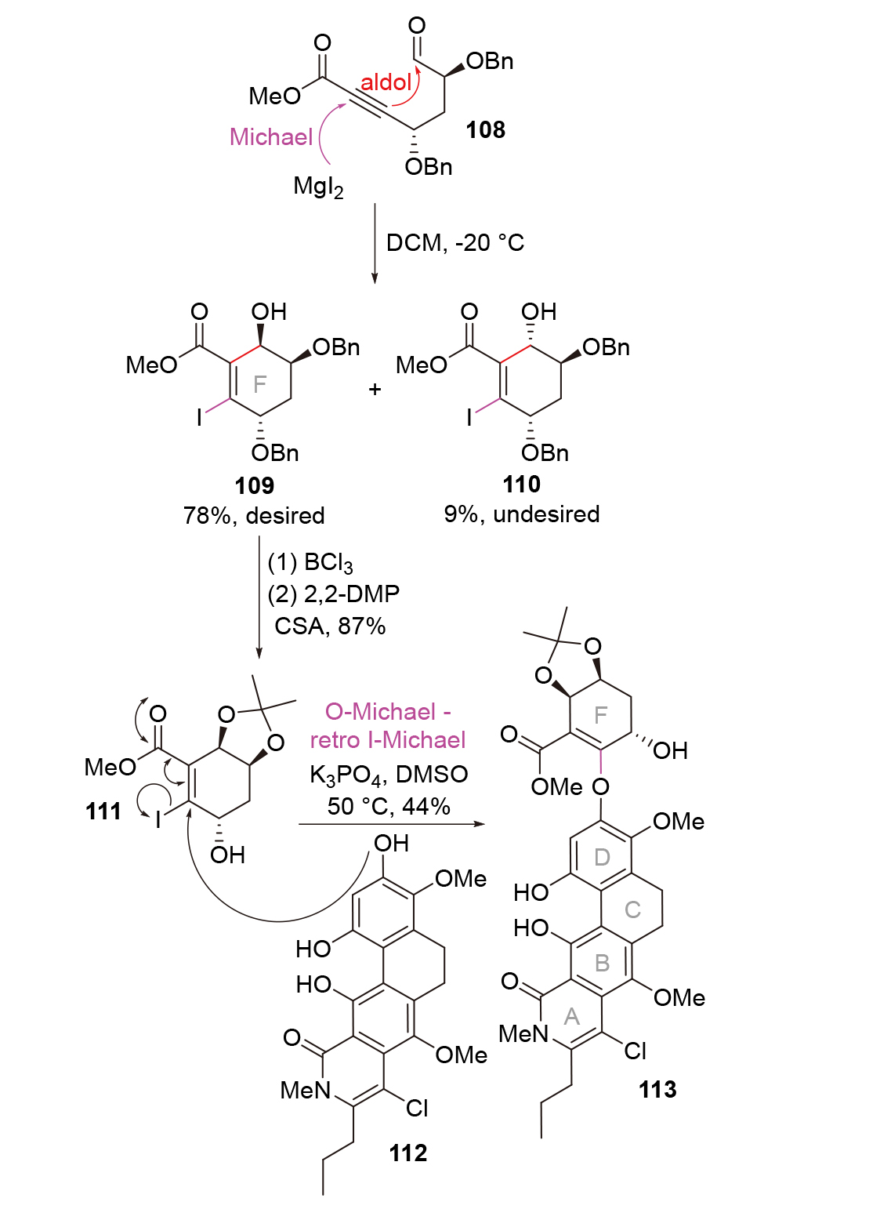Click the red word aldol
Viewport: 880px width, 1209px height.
coord(386,82)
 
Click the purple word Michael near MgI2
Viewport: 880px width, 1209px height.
coord(271,137)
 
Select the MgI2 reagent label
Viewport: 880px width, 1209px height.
coord(318,187)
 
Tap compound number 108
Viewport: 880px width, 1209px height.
coord(485,129)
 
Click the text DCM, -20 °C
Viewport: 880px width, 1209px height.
coord(454,242)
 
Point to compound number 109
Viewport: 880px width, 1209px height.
coord(254,485)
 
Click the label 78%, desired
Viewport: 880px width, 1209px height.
coord(254,515)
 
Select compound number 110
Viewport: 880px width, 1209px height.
coord(521,485)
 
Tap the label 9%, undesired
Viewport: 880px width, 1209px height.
coord(522,514)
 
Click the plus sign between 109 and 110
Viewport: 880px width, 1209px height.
coord(375,389)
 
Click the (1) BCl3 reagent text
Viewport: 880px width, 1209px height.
coord(310,563)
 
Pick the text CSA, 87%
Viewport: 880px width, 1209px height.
coord(330,626)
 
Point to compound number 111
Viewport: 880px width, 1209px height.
coord(103,811)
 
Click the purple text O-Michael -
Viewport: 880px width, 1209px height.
coord(388,711)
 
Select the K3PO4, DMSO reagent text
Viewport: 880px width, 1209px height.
coord(389,775)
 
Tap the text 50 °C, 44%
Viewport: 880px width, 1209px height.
coord(389,806)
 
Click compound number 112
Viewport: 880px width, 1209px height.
coord(408,1153)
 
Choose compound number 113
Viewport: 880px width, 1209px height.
coord(657,1089)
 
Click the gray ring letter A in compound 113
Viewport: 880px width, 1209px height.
coord(572,1017)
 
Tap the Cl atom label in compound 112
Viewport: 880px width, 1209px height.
coord(418,1108)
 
